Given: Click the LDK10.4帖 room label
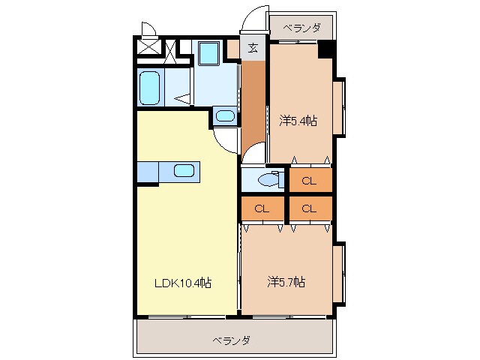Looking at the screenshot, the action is pos(183,283).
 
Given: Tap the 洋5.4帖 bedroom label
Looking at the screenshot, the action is pos(298,121).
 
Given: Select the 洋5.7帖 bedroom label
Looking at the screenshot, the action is pos(286,282).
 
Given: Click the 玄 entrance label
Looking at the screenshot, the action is pos(253,48).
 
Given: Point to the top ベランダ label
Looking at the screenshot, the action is pos(301,28).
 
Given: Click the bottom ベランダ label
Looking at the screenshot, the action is pos(232,340).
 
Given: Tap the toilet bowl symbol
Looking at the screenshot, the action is pos(268,180).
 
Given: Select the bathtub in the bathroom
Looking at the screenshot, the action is pos(150,87).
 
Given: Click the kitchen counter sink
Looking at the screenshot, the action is pos(184,170).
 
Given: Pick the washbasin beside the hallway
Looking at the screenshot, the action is pos(225,116).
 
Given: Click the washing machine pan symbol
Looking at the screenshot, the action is pos(209,53).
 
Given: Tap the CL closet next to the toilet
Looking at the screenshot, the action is pos(310,180).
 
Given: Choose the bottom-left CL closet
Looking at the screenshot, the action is pos(262,208).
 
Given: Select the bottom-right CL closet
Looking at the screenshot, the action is pos(310,208).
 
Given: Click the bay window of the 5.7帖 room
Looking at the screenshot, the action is pos(339,274).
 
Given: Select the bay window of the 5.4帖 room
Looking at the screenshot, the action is pos(339,106).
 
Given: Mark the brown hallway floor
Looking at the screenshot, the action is pos(253,104).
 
